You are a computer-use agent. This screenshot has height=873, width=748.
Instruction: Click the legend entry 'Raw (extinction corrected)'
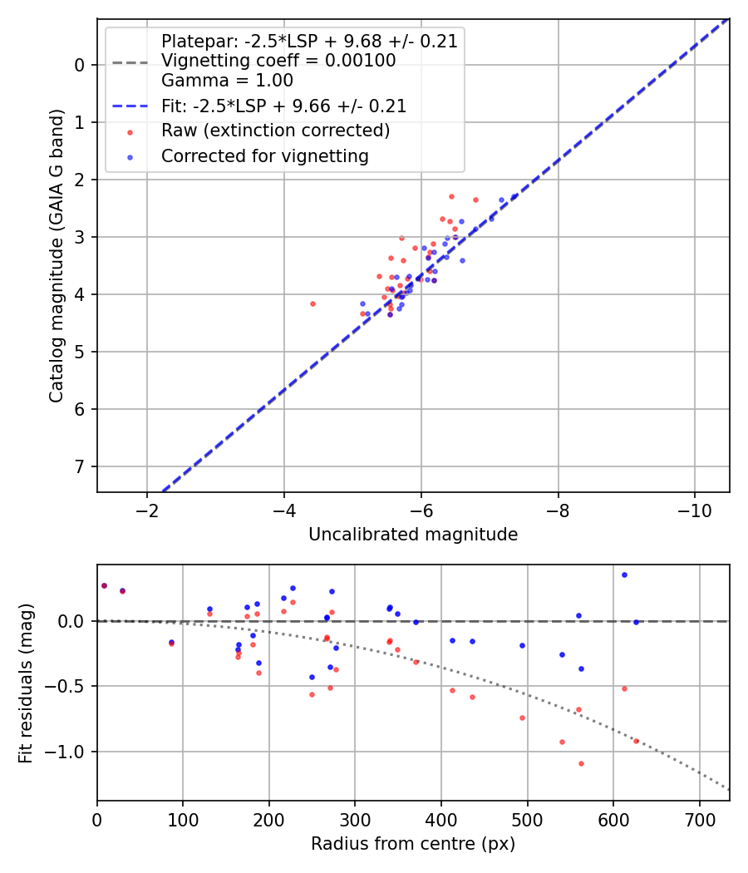tap(275, 131)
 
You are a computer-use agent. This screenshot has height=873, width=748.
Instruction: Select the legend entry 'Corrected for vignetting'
tap(264, 155)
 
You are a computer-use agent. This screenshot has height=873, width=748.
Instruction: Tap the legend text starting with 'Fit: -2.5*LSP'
tap(283, 106)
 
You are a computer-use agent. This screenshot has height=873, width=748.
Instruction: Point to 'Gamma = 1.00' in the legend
tap(227, 81)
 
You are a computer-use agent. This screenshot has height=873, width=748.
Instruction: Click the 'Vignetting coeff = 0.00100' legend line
tap(278, 61)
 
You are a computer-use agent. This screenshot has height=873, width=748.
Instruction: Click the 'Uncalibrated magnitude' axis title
tap(413, 535)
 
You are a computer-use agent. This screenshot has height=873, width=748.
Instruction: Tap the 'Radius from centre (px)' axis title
tap(413, 844)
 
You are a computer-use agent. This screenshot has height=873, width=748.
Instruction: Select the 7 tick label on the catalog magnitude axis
tap(81, 466)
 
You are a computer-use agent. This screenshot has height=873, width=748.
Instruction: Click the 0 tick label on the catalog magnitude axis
tap(81, 65)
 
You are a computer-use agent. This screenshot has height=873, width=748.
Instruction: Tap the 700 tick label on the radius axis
tap(699, 820)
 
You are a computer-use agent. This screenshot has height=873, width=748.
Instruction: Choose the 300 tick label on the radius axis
tap(355, 820)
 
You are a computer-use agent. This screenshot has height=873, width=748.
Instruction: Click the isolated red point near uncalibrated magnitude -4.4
tap(312, 303)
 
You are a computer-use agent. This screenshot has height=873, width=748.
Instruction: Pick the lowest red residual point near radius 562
tap(581, 763)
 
